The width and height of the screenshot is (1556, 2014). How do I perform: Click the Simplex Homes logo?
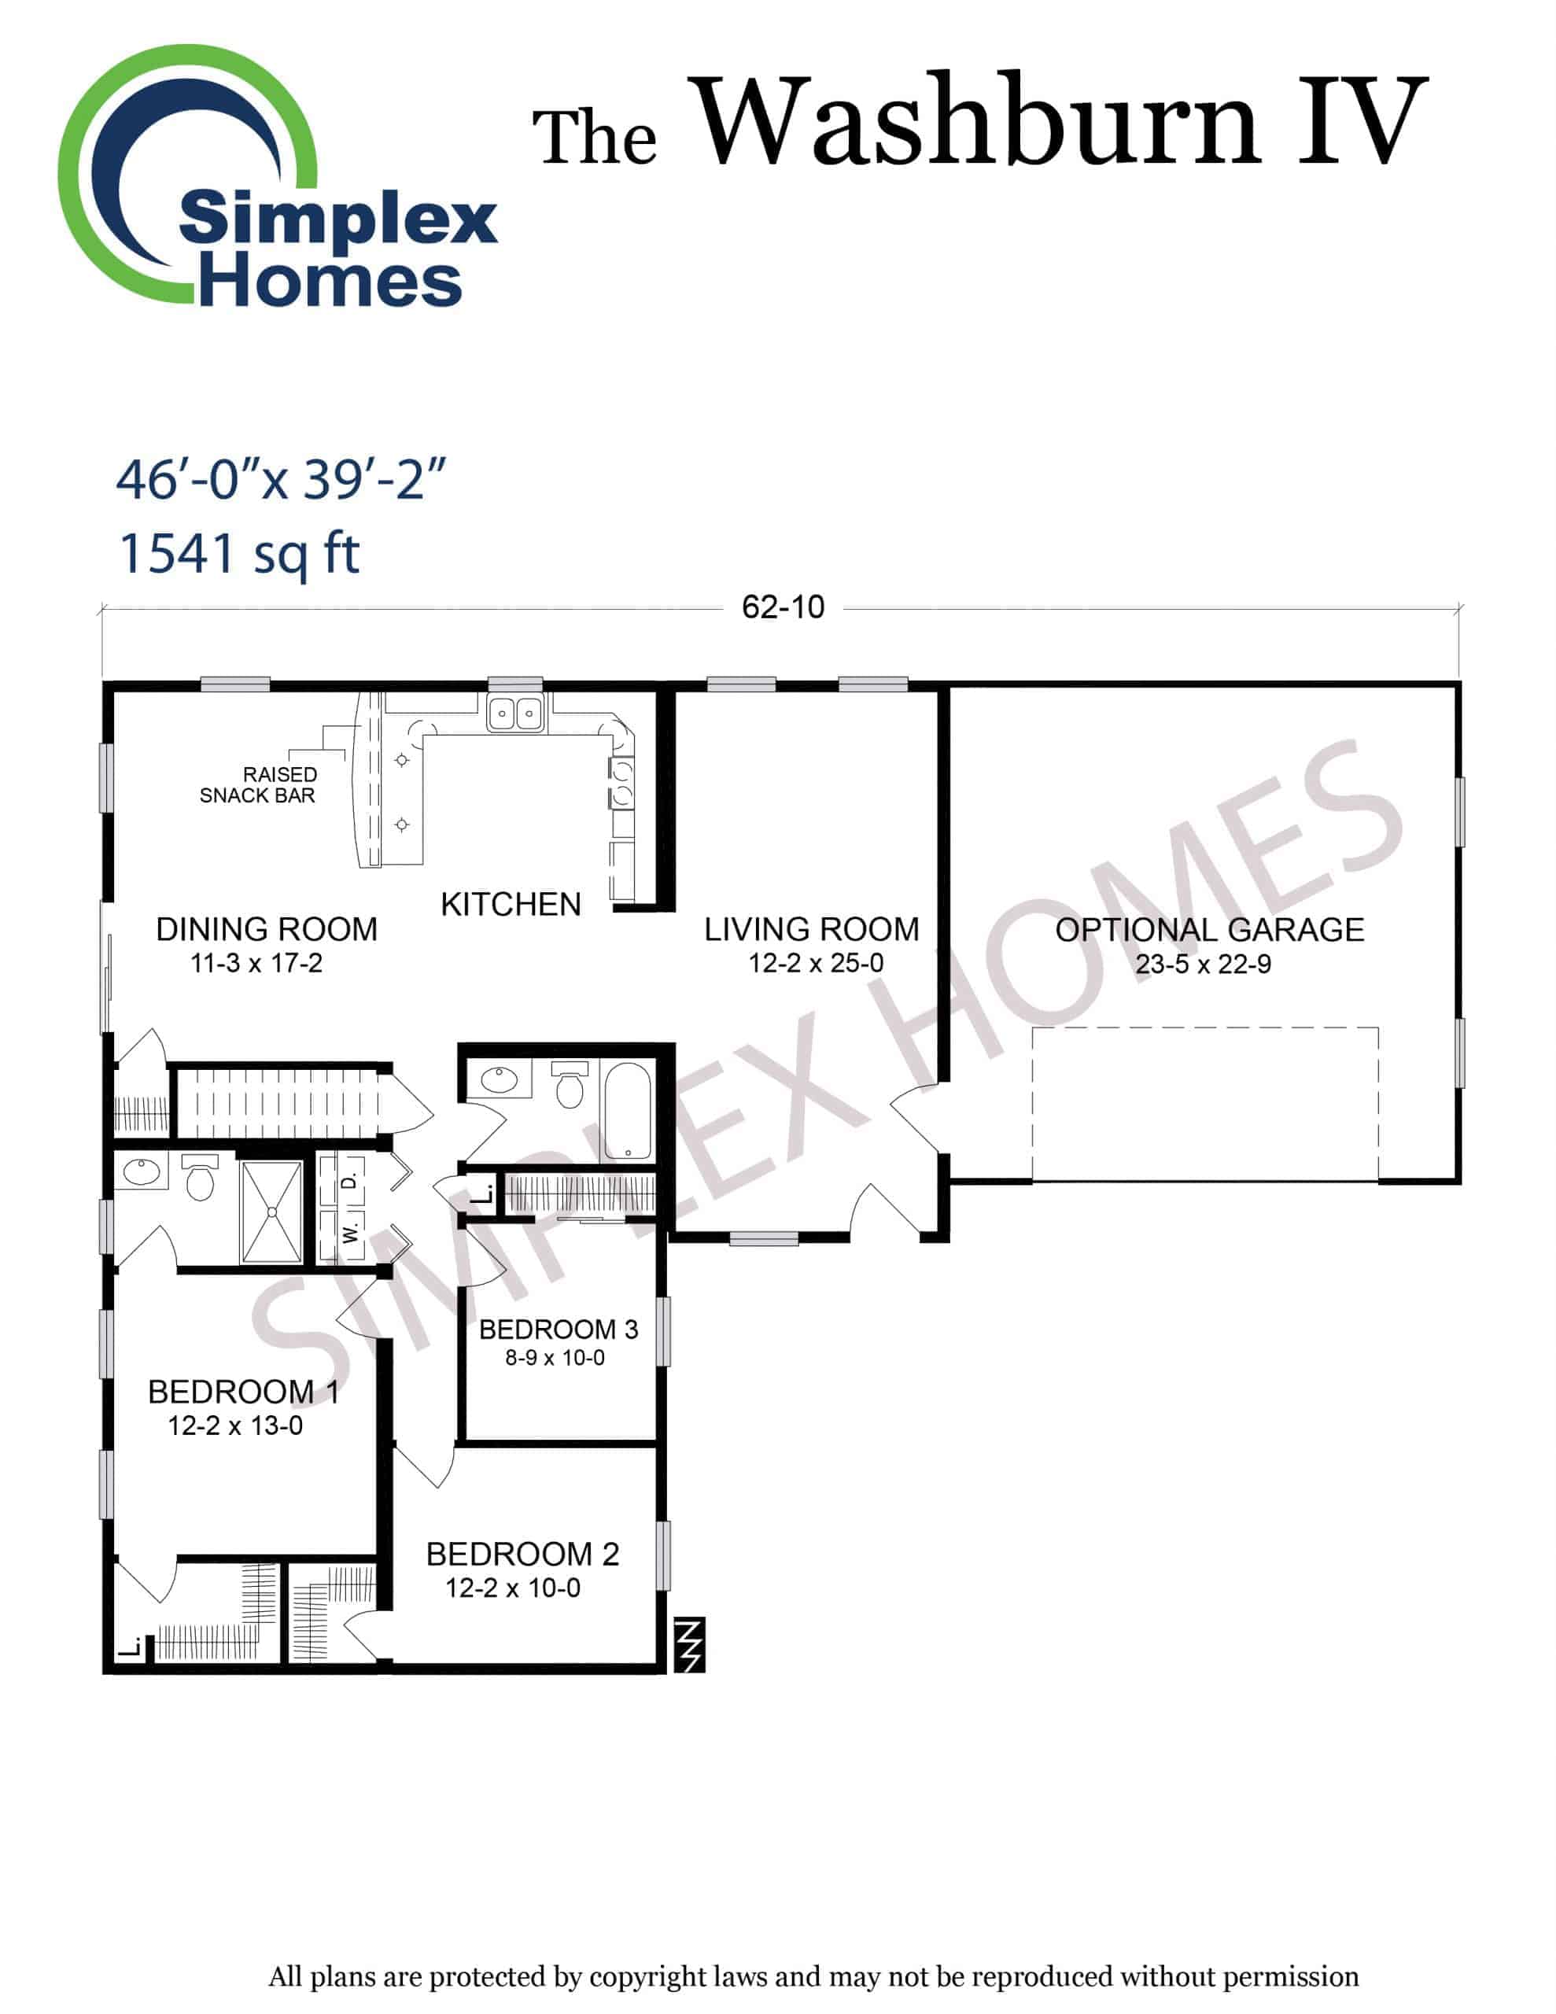(277, 177)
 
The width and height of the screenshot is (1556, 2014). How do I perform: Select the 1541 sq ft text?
(239, 554)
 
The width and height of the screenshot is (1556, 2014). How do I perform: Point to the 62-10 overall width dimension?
(783, 607)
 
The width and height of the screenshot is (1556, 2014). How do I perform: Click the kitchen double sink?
(514, 713)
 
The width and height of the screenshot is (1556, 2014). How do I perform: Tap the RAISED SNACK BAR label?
(258, 785)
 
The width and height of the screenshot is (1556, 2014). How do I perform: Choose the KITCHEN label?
(511, 904)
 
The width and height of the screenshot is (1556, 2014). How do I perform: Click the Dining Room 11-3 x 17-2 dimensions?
(256, 964)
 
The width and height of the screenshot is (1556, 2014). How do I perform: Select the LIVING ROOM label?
(812, 928)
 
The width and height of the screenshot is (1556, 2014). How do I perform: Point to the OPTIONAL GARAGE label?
(1209, 930)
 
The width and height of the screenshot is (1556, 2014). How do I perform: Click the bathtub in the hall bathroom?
(627, 1111)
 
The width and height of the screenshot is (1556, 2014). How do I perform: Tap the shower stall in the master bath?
(271, 1212)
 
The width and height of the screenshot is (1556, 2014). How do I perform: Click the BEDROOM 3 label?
(558, 1329)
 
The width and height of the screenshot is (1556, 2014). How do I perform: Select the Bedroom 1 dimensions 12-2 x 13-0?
(235, 1426)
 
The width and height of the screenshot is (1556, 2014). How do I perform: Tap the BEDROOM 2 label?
(522, 1554)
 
